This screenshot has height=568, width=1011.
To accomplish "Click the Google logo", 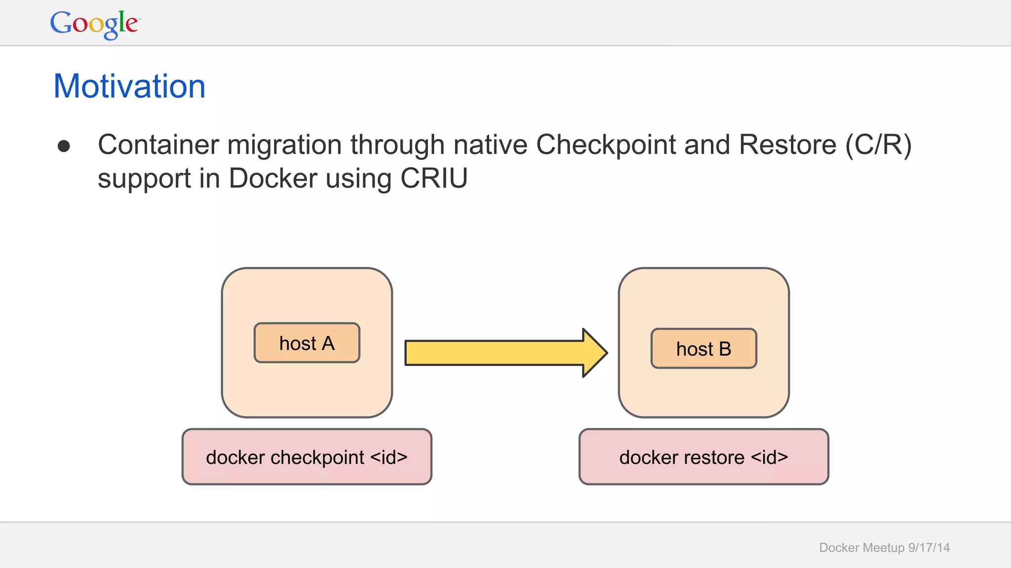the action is tap(95, 24).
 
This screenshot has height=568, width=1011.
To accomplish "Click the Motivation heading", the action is tap(129, 86).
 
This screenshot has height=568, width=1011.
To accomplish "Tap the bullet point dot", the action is tap(64, 146).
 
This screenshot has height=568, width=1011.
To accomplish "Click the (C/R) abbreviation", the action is tap(878, 145).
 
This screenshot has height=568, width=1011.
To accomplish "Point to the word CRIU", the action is tap(434, 178).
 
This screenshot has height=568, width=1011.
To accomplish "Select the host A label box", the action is tap(307, 343).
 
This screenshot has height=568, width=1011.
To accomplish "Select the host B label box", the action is tap(704, 349).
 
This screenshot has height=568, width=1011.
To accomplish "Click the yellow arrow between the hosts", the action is tap(506, 353).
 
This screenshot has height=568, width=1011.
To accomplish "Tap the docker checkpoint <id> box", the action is tap(307, 457).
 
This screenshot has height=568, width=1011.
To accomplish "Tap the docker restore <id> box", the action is tap(704, 457).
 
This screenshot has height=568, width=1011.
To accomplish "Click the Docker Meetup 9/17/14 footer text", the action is tap(885, 548).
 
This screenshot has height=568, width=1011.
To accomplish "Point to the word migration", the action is tap(284, 145).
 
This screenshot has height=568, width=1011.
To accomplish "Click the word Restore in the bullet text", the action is tap(788, 145).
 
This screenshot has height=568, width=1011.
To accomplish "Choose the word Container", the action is tap(158, 145).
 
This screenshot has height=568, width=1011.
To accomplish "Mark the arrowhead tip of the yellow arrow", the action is tap(608, 353).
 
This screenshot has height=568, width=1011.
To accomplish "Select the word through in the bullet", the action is tap(398, 145).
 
